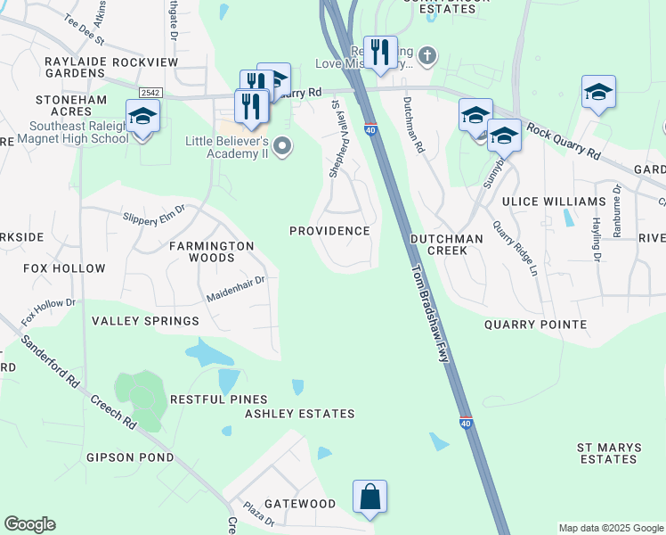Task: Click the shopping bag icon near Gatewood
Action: [x=370, y=497]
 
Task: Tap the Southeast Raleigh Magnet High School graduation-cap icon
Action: [x=142, y=117]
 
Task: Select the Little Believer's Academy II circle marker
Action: [x=283, y=146]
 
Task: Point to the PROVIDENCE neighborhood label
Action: [x=329, y=231]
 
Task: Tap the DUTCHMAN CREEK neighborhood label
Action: [x=446, y=245]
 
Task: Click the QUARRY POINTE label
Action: [x=535, y=325]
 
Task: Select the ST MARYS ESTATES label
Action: [x=608, y=453]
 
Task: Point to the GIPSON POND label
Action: [x=130, y=457]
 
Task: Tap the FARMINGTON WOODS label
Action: [x=212, y=251]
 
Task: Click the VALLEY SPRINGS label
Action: [x=146, y=321]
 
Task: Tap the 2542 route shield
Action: [x=149, y=93]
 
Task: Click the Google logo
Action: [x=29, y=524]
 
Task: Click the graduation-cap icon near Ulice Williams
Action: [x=503, y=136]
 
